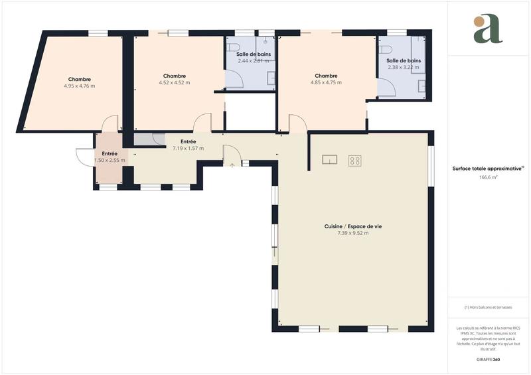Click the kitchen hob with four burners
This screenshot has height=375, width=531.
tap(355, 160)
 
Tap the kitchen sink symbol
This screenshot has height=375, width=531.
tap(330, 159)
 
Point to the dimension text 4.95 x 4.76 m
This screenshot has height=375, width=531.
tap(79, 86)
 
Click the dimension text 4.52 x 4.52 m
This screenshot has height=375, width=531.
tap(174, 83)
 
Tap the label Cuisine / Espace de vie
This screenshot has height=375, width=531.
tap(352, 227)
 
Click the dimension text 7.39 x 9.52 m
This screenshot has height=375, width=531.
tap(352, 234)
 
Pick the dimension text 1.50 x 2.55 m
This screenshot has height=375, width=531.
tap(110, 160)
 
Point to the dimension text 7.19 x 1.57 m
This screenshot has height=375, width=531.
tap(188, 148)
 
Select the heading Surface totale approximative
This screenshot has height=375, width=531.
tap(488, 169)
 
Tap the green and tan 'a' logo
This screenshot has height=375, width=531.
tap(488, 29)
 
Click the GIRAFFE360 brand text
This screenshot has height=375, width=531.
tap(488, 359)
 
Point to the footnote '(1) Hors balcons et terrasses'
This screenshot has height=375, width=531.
tap(488, 307)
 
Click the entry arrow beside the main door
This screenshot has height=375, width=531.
tap(232, 165)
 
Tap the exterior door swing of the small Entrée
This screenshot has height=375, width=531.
tap(84, 157)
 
